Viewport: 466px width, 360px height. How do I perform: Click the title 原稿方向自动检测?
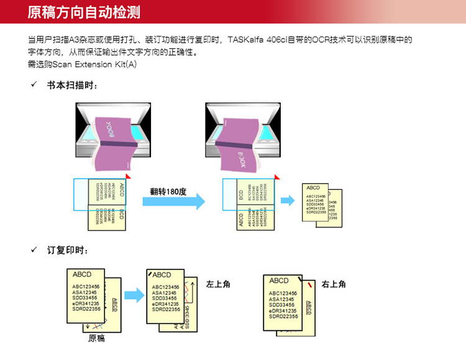[84, 11]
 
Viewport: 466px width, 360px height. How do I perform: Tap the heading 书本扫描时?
[72, 85]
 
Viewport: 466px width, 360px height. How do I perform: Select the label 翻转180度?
[168, 192]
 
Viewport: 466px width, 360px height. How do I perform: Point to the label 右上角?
[334, 284]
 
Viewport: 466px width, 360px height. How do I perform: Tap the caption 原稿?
[96, 338]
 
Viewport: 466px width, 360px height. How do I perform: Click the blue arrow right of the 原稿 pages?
[133, 295]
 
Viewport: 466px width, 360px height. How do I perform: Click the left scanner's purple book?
[116, 142]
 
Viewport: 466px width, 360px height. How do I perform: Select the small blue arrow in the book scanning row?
[287, 200]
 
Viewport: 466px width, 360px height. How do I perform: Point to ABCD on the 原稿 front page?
[82, 274]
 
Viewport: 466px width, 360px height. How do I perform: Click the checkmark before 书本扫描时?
[34, 85]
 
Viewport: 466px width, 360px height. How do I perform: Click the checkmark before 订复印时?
[34, 250]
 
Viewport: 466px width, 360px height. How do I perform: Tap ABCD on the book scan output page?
[313, 187]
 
